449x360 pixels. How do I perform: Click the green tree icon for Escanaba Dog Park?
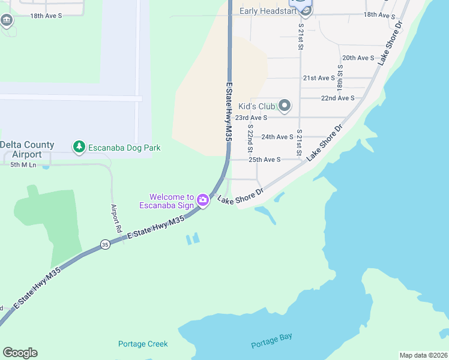coord(79,147)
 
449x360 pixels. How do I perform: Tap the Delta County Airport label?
coord(27,149)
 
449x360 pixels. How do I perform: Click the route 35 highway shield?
coord(105,244)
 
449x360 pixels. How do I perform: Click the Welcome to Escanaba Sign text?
coord(172,201)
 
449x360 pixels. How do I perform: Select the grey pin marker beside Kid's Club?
coord(285,107)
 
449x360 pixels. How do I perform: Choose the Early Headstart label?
coord(268,11)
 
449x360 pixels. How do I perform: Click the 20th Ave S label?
coord(358,58)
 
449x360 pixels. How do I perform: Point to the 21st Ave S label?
coord(319,78)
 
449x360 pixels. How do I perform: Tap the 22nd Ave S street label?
coord(338,98)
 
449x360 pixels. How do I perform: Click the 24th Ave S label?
coord(277,137)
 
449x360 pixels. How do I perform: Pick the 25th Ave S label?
coord(265,160)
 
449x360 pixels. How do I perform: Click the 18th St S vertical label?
coord(340,77)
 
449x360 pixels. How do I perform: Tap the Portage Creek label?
coord(143,344)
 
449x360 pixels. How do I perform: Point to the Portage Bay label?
coord(271,340)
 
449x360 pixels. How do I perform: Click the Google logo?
coord(20,353)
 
